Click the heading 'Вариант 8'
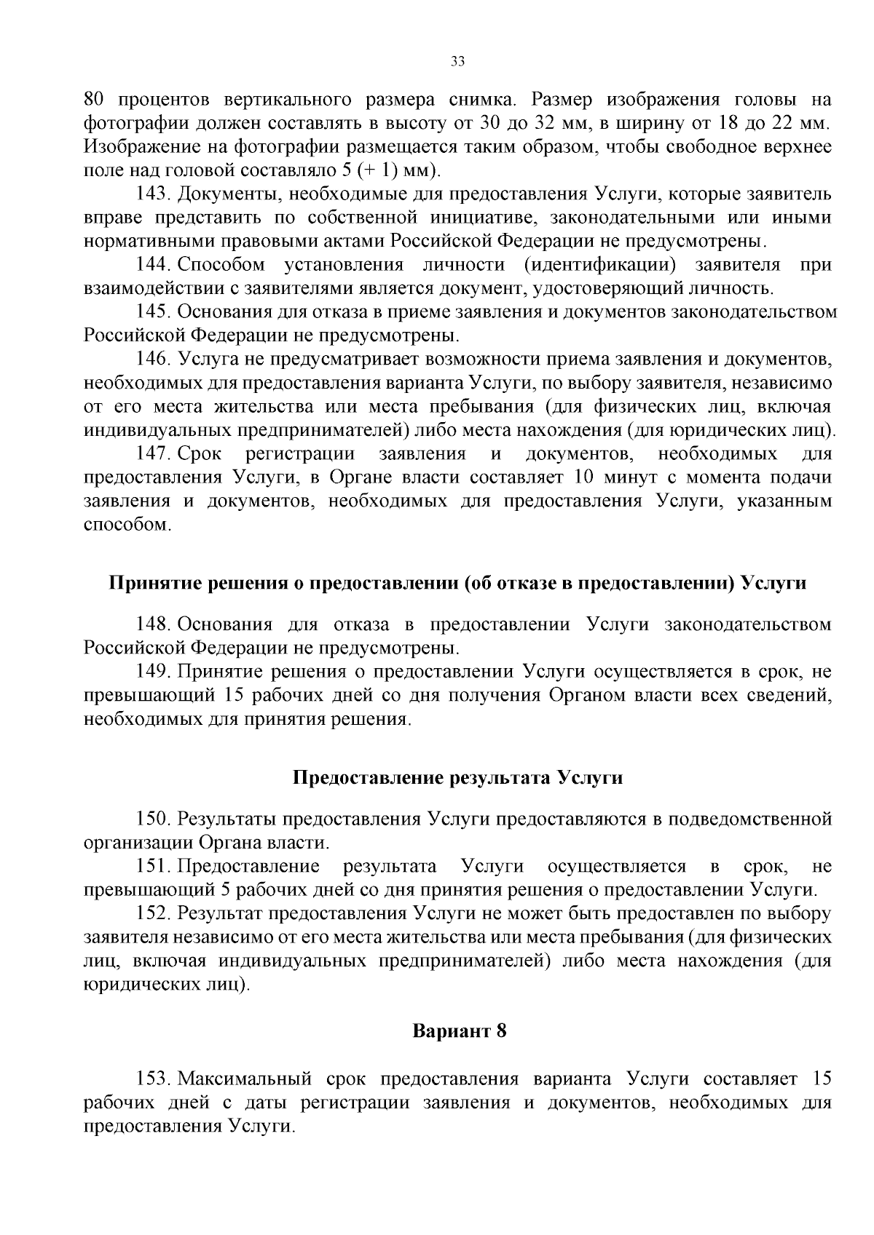click(x=459, y=1031)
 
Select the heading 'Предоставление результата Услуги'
click(x=457, y=777)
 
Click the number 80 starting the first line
click(x=95, y=100)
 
